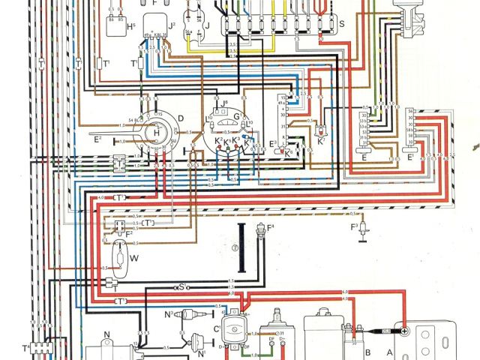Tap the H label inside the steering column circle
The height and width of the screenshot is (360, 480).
pos(156,133)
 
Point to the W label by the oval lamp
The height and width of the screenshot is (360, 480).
pos(134,259)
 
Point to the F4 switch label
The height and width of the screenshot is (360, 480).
pos(271,227)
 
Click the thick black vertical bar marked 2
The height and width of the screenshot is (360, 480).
pos(242,247)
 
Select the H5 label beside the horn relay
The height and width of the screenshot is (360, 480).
pos(131,27)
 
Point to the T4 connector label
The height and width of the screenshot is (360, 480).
pos(27,349)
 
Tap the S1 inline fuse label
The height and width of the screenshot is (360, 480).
pos(181,286)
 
